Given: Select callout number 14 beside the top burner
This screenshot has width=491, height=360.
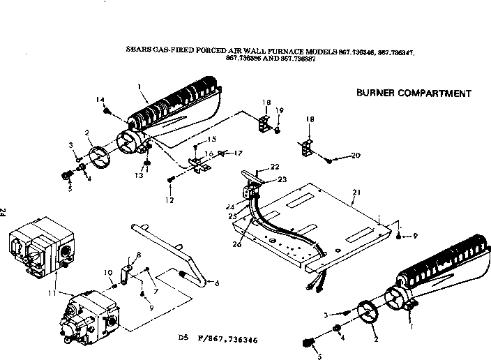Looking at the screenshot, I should coord(100,99).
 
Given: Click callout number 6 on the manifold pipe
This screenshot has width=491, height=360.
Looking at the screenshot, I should coord(216,283).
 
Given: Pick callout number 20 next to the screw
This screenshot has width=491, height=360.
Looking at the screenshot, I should coord(357,155).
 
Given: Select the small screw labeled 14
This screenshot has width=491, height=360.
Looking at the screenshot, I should coord(107,110).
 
